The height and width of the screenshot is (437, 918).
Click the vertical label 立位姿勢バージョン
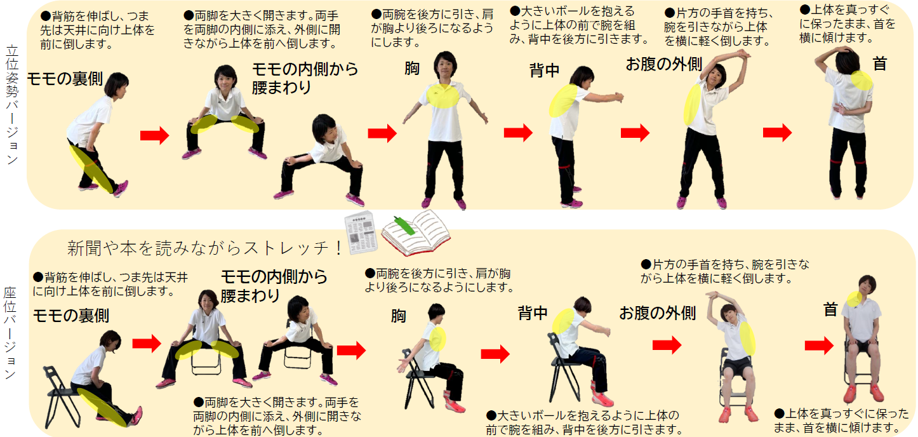[x=12, y=105]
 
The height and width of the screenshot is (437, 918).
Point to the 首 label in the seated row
[x=830, y=309]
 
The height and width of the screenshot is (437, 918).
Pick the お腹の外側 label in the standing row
[x=663, y=64]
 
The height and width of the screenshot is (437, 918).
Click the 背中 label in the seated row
[x=533, y=313]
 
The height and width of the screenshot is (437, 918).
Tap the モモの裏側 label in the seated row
[x=70, y=315]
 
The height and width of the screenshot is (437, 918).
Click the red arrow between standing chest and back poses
[x=518, y=133]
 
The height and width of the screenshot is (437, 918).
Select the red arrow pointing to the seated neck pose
[x=819, y=346]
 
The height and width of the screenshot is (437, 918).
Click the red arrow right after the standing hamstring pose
[x=154, y=135]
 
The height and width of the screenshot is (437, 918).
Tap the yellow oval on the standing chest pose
[x=442, y=94]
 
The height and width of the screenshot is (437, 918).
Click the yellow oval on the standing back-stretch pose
[x=561, y=100]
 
